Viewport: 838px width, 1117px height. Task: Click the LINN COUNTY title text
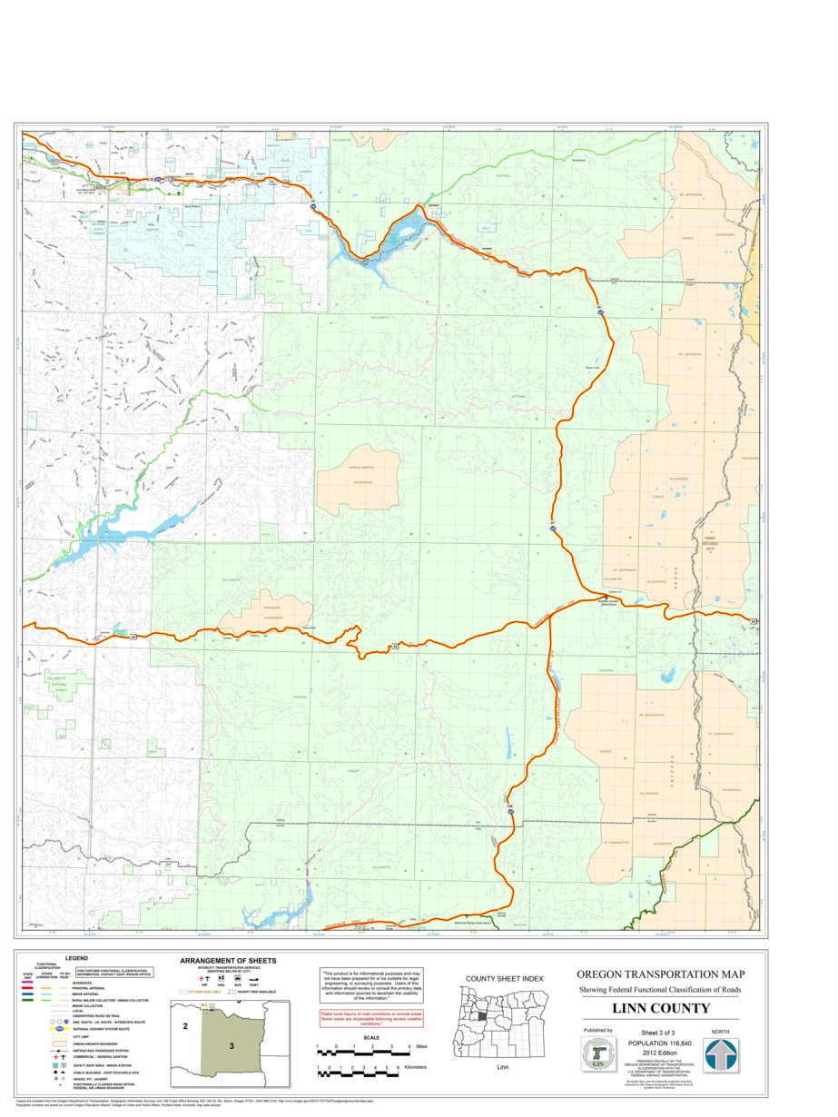pos(660,1008)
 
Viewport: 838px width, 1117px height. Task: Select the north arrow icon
pos(722,1056)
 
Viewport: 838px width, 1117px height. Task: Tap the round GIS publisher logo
pos(597,1055)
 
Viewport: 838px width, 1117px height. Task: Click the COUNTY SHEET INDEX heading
pos(504,978)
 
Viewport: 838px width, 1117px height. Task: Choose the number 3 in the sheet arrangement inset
pos(232,1046)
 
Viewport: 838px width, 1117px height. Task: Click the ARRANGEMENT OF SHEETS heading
pos(228,961)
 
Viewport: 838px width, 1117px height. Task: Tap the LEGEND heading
pos(76,958)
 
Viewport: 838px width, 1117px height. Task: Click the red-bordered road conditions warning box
pos(360,1019)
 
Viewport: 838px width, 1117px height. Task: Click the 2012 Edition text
pos(660,1053)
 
